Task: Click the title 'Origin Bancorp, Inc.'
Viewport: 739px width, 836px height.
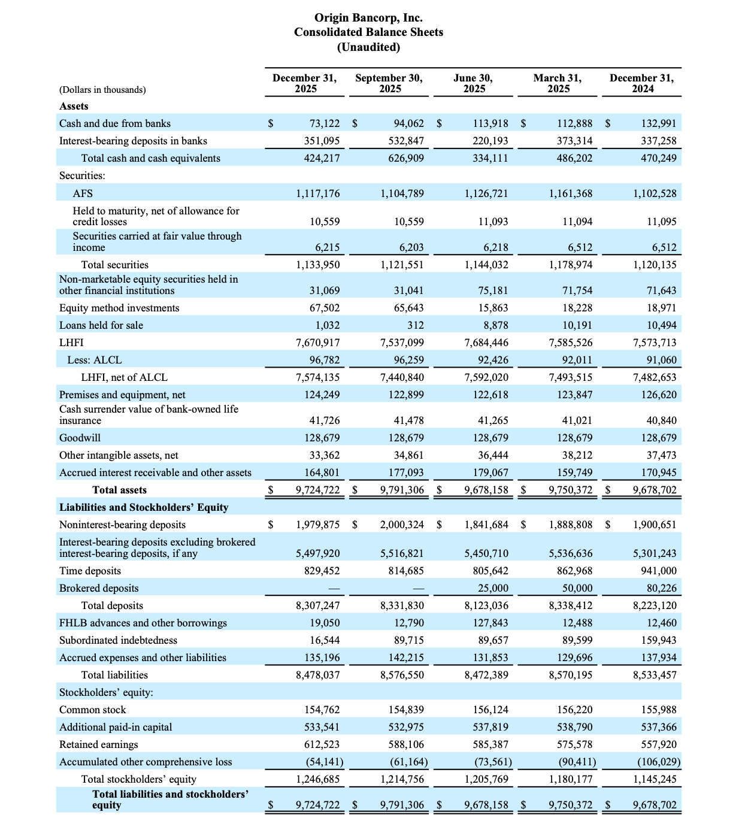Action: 368,18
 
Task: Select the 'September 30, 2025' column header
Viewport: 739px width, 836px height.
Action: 389,83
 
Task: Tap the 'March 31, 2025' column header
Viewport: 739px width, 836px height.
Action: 558,83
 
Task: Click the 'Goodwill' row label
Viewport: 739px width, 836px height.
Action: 80,438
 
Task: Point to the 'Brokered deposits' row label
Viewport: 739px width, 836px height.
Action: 99,588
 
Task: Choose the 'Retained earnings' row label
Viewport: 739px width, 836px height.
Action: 98,744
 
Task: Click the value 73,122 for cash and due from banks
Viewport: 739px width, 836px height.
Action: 324,123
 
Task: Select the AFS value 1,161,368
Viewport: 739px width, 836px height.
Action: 570,193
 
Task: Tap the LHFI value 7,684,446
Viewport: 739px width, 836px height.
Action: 486,343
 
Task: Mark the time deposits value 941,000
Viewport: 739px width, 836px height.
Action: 659,571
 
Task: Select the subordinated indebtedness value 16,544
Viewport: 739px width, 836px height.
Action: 324,640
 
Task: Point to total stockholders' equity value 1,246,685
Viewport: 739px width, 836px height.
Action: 317,779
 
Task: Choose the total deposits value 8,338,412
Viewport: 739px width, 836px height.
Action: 570,605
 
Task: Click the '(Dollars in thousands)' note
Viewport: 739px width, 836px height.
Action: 102,90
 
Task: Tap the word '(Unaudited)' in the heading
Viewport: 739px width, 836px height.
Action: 368,47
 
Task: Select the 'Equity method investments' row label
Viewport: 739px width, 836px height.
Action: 119,308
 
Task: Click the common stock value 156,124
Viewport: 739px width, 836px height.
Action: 490,710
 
